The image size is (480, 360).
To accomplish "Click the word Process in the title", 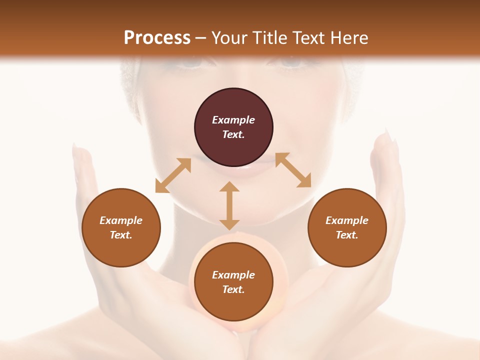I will [157, 38].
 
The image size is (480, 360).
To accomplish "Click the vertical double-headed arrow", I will [229, 205].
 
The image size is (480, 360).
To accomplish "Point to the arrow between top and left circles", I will [173, 175].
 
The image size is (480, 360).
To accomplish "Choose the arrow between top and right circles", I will [293, 170].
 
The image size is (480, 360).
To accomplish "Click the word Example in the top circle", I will [233, 120].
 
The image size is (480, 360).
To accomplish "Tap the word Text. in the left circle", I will [121, 235].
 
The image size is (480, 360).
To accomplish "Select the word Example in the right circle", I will [347, 220].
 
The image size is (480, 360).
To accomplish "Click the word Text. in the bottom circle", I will [233, 289].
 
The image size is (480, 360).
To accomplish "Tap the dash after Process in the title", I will [201, 38].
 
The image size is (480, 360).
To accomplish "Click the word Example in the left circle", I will [121, 220].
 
